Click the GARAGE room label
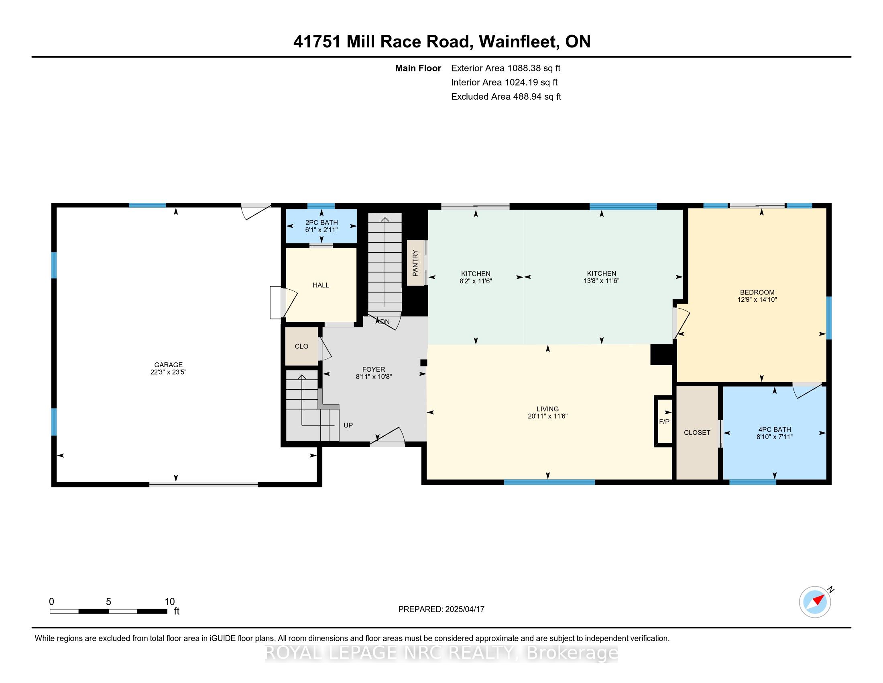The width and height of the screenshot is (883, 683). point(168,364)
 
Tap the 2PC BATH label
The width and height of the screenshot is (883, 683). point(321,223)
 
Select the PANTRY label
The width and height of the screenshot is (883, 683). point(415,263)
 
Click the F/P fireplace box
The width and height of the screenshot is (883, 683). point(664,421)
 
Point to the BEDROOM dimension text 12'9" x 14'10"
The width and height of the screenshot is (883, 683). point(757,300)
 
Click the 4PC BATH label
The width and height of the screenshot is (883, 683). point(774,430)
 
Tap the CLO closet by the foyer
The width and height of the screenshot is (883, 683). point(301,346)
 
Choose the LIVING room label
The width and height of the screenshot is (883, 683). point(548,409)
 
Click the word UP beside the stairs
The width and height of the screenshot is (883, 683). point(348,425)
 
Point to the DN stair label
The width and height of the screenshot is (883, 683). point(385,322)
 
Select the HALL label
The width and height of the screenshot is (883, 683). point(321,285)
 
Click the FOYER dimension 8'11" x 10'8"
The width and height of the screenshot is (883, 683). point(374,377)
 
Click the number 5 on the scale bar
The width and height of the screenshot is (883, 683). point(108,602)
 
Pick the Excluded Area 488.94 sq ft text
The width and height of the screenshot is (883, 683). point(506,97)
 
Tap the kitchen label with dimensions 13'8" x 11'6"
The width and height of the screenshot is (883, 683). point(602,277)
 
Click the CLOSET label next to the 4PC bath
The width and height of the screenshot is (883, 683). point(697,433)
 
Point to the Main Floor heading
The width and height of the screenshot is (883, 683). point(418,68)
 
